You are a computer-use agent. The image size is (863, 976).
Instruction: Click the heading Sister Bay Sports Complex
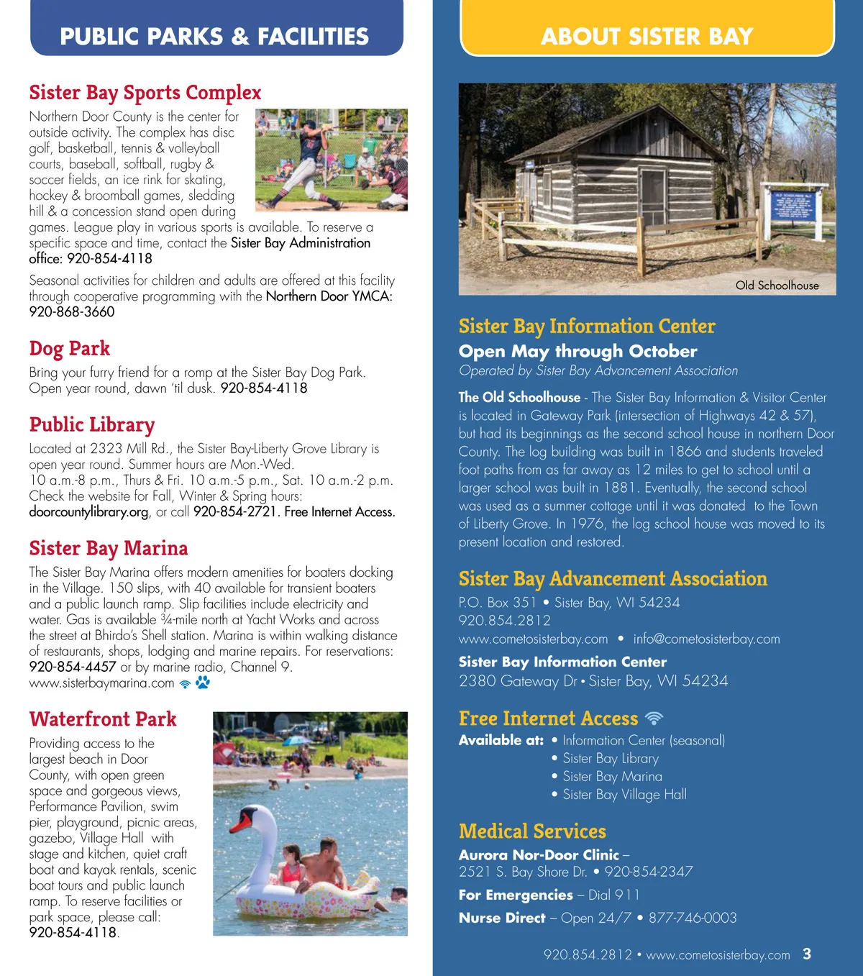(145, 93)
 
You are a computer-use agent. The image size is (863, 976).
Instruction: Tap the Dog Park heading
(70, 349)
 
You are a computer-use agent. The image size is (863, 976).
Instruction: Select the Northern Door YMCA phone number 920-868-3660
(72, 312)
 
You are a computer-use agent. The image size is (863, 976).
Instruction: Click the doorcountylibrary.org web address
(88, 512)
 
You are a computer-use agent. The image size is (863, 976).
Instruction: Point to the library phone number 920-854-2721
(236, 512)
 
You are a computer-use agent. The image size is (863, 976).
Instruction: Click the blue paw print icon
(203, 683)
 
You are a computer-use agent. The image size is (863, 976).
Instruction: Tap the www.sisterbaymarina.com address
(101, 683)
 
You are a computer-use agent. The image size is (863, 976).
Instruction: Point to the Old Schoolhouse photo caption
(777, 286)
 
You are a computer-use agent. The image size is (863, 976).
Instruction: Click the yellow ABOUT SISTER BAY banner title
(647, 37)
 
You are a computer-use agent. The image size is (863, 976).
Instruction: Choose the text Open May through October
(577, 351)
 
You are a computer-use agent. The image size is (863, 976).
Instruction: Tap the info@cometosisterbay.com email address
(706, 639)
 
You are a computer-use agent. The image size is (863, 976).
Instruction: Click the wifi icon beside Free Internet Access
(654, 718)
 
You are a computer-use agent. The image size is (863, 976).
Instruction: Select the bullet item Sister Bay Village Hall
(624, 795)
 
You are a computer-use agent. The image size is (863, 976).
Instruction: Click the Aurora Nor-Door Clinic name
(539, 855)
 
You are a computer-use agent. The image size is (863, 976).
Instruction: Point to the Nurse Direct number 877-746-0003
(693, 918)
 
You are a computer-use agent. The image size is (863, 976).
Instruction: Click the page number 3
(807, 954)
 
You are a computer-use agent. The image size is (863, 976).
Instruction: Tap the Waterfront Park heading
(103, 719)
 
